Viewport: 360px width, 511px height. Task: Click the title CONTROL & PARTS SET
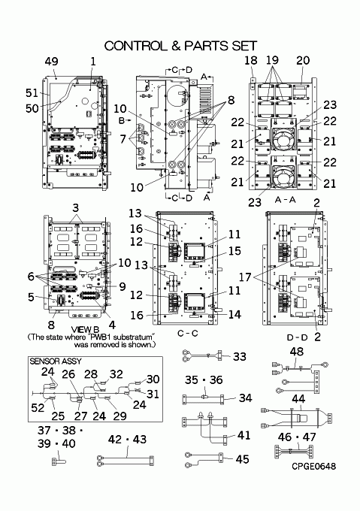[181, 46]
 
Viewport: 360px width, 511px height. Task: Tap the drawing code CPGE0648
[313, 467]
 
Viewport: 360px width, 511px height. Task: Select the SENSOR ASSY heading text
[56, 361]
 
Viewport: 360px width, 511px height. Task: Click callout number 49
[51, 62]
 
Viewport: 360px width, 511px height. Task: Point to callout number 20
[303, 60]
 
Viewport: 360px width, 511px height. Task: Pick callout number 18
[251, 60]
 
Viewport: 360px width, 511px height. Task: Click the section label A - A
[285, 200]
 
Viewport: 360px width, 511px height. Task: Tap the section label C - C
[188, 334]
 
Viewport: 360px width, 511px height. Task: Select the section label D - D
[297, 337]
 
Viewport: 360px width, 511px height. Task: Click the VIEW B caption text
[85, 331]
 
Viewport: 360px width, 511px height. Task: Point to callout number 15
[234, 251]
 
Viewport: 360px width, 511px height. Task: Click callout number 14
[234, 314]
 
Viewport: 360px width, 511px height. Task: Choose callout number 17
[245, 277]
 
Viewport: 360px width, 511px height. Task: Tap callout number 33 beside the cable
[240, 356]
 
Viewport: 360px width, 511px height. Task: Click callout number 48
[296, 352]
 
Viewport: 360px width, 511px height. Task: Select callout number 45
[243, 459]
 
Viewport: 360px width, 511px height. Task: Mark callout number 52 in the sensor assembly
[38, 407]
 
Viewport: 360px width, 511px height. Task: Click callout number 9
[123, 286]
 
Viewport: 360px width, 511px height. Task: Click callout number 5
[31, 297]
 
